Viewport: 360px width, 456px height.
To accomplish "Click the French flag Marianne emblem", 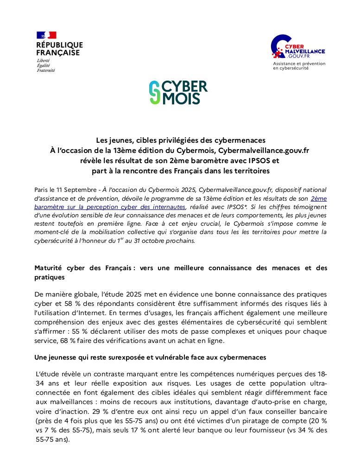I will click(46, 35).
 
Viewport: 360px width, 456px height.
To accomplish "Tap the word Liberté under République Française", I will click(44, 61).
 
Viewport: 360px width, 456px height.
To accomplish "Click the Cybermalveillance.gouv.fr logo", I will click(297, 48).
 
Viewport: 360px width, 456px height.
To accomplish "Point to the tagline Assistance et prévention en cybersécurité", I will click(299, 65).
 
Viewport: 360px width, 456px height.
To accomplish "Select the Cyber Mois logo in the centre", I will click(178, 92).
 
